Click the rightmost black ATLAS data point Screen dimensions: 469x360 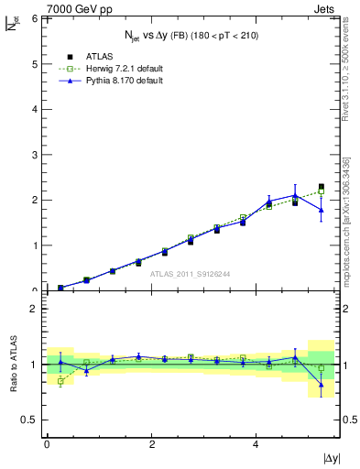click(x=322, y=187)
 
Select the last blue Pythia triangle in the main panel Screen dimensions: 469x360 click(x=322, y=210)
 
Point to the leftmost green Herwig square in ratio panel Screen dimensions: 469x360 click(x=60, y=381)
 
